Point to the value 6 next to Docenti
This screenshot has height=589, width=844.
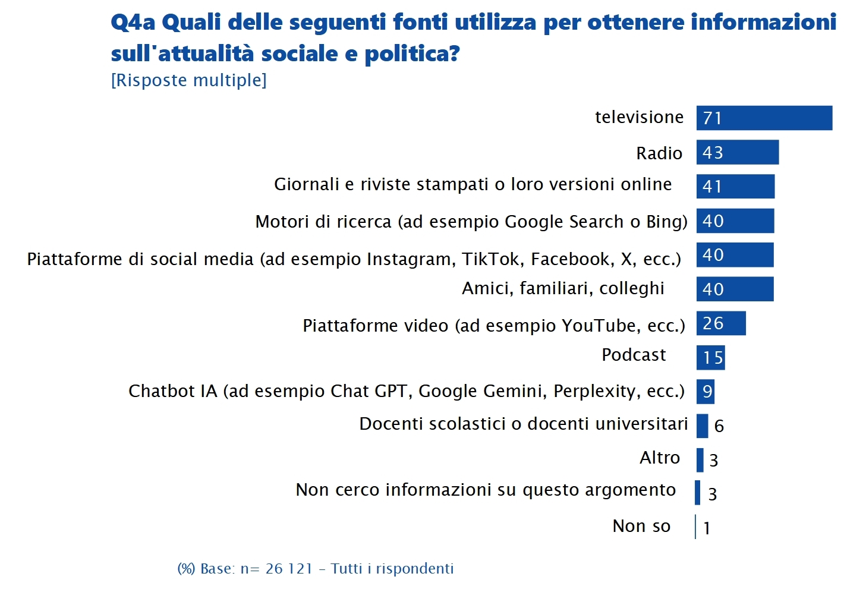[719, 426]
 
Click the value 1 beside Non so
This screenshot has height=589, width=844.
[707, 528]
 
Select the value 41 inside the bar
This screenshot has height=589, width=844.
[712, 187]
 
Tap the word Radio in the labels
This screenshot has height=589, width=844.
[659, 153]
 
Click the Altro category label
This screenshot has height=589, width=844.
[659, 458]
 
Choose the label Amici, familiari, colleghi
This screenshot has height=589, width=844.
[563, 288]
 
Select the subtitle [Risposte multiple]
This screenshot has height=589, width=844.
[188, 80]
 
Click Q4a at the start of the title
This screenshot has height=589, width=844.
[133, 23]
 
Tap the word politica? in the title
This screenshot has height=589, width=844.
[412, 53]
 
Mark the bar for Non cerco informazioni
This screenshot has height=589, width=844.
[697, 492]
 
